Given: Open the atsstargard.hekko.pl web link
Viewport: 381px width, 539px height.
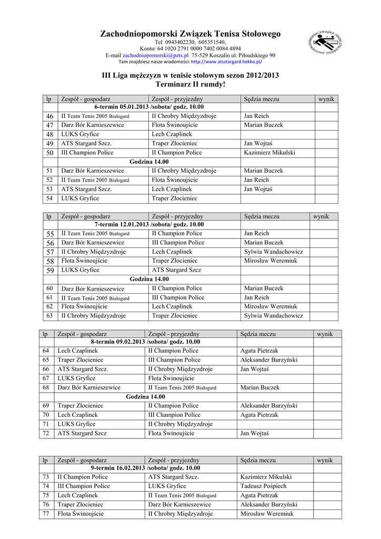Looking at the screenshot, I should point(227,62).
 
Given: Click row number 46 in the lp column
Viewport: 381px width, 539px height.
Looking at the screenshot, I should point(50,116).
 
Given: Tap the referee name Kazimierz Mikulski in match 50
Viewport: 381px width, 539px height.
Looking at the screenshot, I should point(269,153).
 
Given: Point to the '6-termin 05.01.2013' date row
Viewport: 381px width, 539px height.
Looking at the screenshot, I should point(149,107).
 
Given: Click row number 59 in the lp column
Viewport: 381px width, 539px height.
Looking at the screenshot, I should point(50,270).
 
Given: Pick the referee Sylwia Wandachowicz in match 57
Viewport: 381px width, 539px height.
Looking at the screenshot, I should point(273,252).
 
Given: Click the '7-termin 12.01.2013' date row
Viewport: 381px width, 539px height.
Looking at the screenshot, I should point(149,224).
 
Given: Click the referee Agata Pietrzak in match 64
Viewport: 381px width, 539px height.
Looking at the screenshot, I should point(259,351).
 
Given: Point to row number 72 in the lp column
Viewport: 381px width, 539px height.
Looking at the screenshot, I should point(46,433).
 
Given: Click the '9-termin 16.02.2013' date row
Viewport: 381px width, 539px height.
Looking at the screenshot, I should point(145,468).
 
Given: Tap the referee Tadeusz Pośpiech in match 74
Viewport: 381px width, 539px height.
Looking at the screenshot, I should point(264,486).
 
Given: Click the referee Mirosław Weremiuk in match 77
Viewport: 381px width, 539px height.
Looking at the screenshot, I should point(267,514).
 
